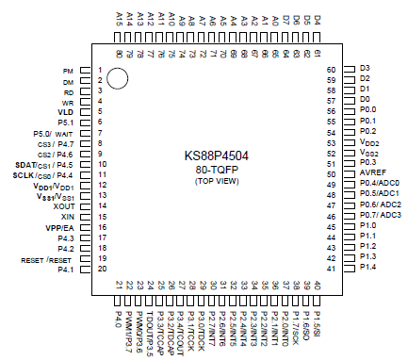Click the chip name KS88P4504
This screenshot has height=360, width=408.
[217, 156]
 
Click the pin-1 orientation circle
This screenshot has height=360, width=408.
[118, 77]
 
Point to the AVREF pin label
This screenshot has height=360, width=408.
[371, 174]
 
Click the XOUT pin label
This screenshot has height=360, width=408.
[63, 205]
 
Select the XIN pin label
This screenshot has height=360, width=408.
[67, 216]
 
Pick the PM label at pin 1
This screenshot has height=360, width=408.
[68, 71]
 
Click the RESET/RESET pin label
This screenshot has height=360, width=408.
[47, 259]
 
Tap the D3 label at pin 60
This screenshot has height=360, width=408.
[365, 69]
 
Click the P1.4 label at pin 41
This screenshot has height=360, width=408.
[367, 268]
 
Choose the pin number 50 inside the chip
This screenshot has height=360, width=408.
[332, 174]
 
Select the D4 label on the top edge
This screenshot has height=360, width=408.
[318, 19]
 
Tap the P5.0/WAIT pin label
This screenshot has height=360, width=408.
[53, 133]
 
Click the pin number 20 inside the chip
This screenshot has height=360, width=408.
[102, 270]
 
